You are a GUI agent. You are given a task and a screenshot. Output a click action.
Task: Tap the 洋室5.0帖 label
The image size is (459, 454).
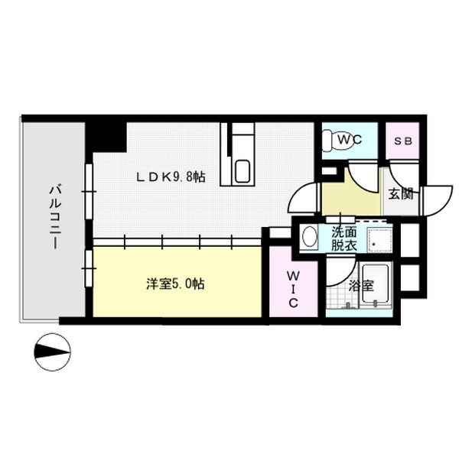click(175, 284)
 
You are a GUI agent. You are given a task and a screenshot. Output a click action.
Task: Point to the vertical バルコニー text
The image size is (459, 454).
click(56, 217)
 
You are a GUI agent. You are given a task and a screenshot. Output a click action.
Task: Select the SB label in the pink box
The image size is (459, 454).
click(402, 141)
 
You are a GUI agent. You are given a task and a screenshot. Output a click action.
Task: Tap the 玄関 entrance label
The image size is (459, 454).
click(400, 193)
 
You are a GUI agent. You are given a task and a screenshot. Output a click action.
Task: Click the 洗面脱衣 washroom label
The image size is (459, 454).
click(342, 239)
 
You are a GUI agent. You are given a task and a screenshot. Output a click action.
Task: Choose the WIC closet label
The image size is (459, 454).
click(292, 288)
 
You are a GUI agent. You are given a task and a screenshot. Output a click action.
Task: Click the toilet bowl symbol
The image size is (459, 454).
click(329, 141)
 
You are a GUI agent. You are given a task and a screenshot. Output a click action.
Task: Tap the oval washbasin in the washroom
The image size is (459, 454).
click(309, 237)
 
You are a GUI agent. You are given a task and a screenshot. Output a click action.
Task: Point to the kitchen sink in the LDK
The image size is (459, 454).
click(243, 170)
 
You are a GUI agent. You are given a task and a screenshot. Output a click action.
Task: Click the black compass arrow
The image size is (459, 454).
click(54, 352)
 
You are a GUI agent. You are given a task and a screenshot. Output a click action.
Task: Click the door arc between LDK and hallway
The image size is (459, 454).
click(304, 200)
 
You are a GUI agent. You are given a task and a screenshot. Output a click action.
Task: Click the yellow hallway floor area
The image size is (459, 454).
click(348, 197)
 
